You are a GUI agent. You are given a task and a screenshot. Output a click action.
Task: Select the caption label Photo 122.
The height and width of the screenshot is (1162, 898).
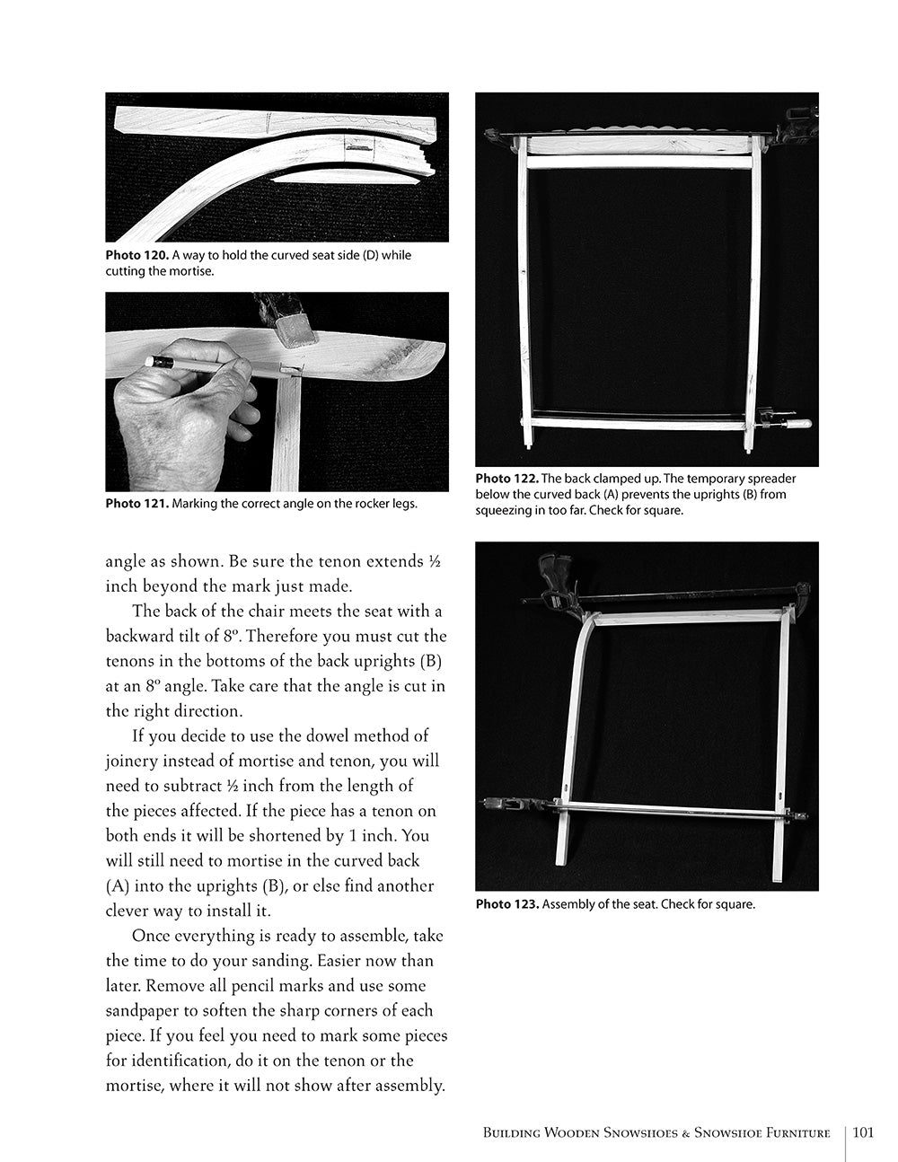click(506, 479)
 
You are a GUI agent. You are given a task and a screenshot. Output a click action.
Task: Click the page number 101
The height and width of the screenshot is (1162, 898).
click(864, 1132)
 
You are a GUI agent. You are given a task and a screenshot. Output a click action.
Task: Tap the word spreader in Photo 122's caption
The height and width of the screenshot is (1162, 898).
click(769, 479)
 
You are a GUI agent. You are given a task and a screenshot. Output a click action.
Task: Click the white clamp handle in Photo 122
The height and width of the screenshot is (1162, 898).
click(797, 422)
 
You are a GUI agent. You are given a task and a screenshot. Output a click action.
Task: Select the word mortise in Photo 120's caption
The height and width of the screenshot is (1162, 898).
click(190, 271)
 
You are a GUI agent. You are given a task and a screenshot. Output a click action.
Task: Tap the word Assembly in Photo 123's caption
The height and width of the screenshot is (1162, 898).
click(568, 904)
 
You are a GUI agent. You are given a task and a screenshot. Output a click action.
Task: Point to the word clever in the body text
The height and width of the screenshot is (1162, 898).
click(131, 911)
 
